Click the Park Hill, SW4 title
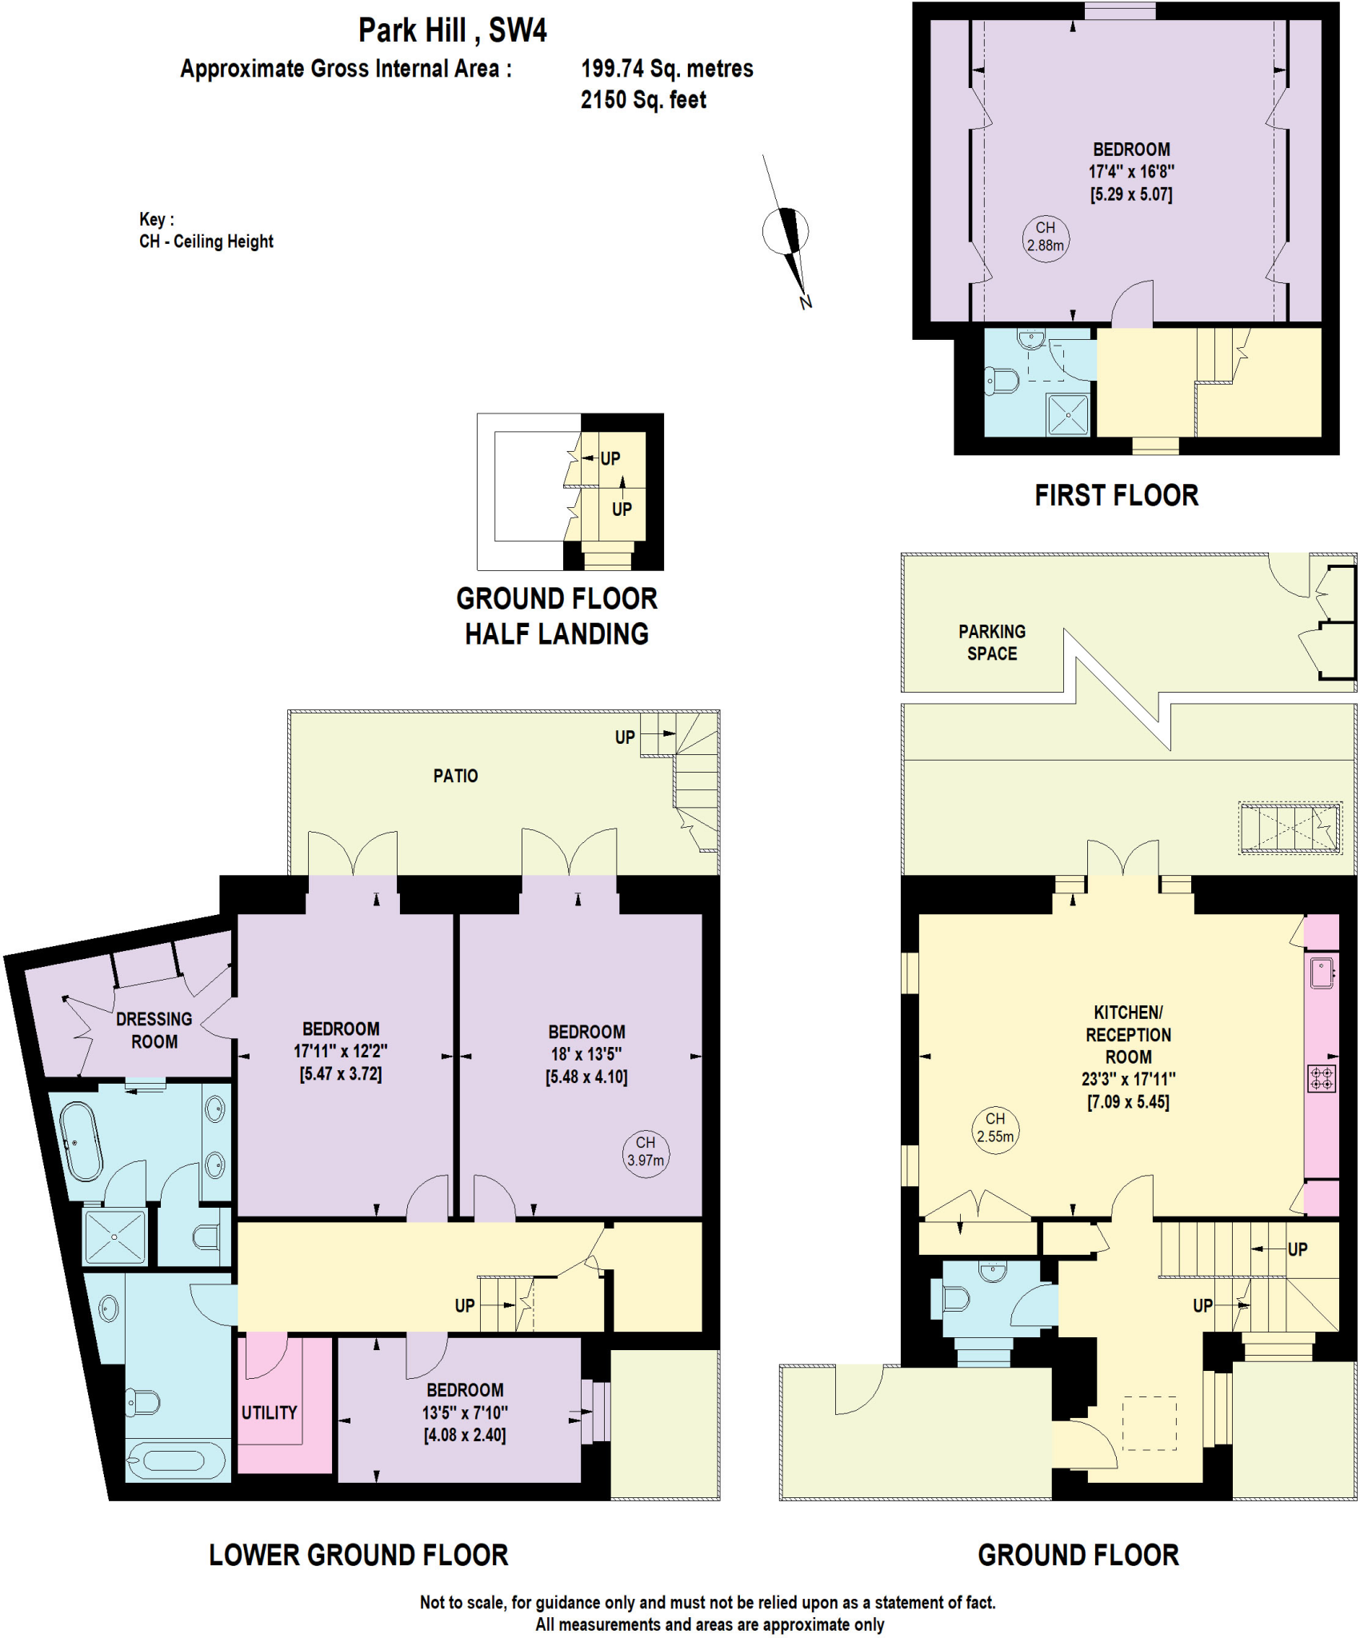[452, 30]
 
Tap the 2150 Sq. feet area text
[643, 100]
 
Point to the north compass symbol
[786, 233]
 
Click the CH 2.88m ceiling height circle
[1046, 238]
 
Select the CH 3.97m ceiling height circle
[646, 1153]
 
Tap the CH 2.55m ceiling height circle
[995, 1129]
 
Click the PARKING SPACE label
[992, 642]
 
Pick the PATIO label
[455, 776]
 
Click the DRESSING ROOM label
[154, 1030]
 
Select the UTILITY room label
[270, 1413]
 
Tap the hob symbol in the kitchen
[1322, 1078]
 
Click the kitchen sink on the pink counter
[1322, 973]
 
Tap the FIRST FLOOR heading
[1116, 496]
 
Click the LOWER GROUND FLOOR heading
[358, 1555]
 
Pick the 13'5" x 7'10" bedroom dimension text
[465, 1413]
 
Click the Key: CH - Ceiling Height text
[206, 230]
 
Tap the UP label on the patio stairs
[625, 737]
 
